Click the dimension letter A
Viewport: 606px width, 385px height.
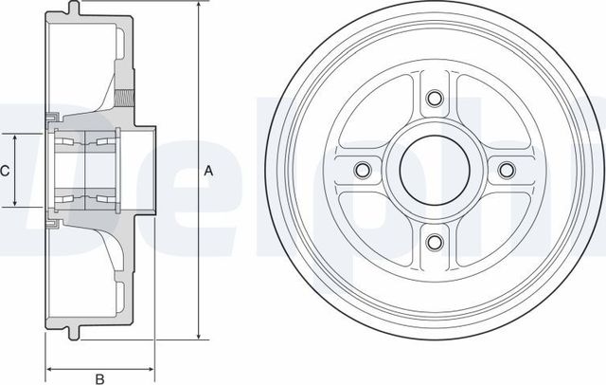208,172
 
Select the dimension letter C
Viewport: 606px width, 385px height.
5,172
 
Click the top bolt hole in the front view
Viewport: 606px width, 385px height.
434,99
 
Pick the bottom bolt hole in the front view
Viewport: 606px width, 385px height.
434,241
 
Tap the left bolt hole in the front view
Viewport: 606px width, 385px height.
362,170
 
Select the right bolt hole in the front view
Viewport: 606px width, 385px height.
506,170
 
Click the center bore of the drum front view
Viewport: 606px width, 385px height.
434,170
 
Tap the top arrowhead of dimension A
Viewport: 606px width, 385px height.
198,7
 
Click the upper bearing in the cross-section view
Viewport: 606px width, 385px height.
85,142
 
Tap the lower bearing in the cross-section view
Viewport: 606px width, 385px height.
85,198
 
